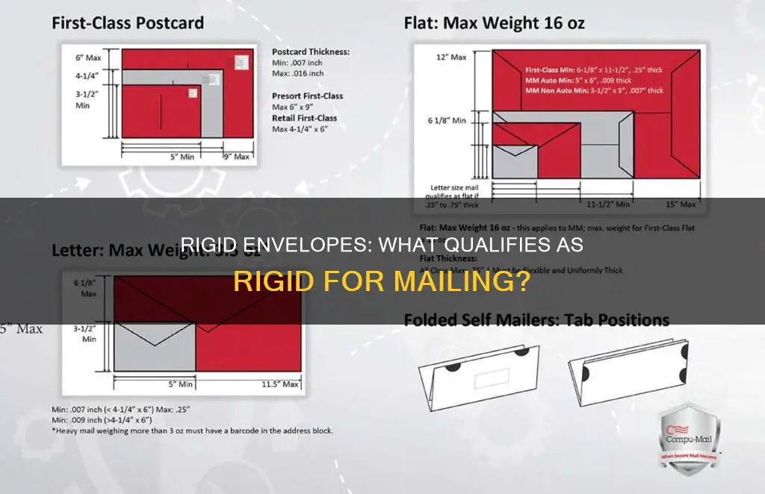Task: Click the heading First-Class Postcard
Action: (x=127, y=22)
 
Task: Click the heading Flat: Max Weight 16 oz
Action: (x=494, y=22)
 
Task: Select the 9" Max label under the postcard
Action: (x=237, y=157)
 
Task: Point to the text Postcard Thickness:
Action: (x=310, y=52)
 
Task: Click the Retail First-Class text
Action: (x=304, y=118)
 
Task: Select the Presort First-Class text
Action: (x=307, y=96)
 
